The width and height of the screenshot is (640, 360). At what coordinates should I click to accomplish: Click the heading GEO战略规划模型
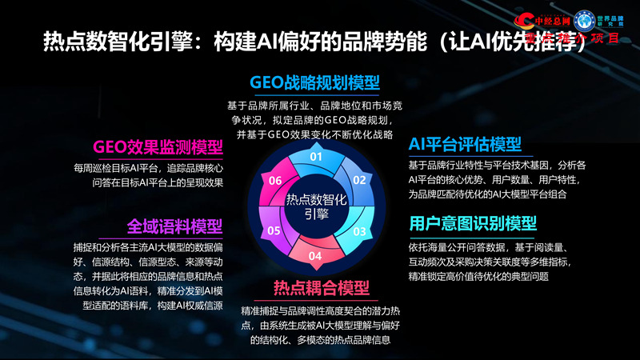click(314, 82)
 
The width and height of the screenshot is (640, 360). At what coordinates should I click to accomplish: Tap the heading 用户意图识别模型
click(473, 223)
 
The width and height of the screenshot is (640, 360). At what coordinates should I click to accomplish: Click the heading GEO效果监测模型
click(158, 147)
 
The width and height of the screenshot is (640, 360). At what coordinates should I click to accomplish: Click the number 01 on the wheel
click(316, 156)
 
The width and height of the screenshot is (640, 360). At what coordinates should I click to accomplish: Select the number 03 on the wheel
click(360, 231)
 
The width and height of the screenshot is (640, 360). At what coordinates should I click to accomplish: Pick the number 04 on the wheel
click(316, 256)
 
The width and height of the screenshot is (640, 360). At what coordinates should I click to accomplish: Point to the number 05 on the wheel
click(273, 231)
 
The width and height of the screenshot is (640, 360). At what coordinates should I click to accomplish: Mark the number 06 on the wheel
click(274, 181)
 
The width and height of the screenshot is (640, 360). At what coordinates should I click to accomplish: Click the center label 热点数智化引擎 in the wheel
click(316, 206)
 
